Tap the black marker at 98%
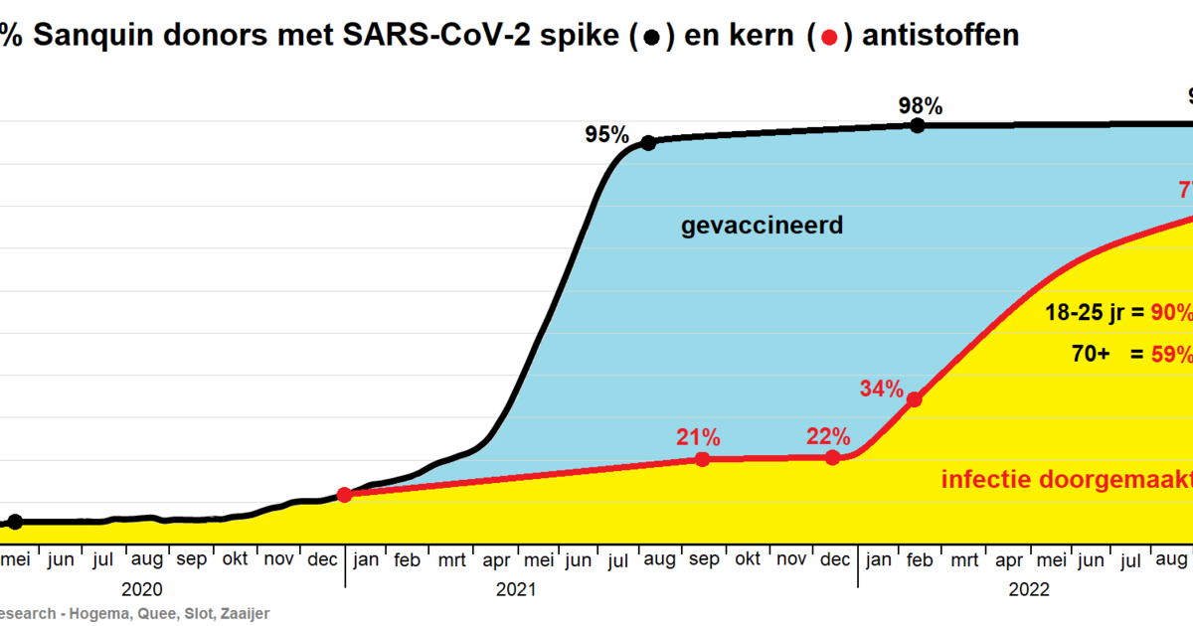coord(918,125)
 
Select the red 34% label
coord(881,389)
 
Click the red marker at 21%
coord(702,459)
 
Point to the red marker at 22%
coord(832,458)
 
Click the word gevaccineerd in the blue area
coord(762,226)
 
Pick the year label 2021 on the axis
coord(515,589)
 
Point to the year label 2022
coord(1029,589)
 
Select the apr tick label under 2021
coord(496,560)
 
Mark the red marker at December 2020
coord(344,494)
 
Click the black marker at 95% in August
coord(648,143)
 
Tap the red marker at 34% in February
coord(915,399)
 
